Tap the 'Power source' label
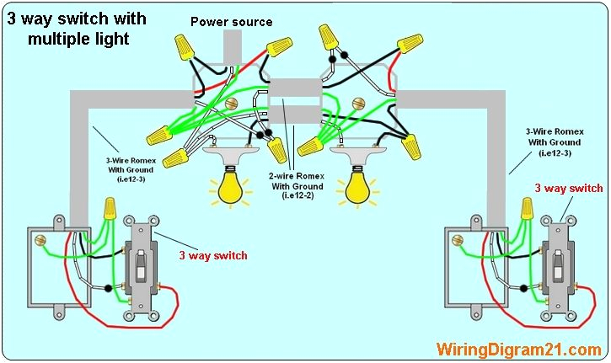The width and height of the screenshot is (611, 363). pos(231,22)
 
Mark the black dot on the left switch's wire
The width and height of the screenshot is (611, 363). pos(111,288)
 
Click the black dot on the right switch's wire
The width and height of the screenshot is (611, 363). pos(523,288)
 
